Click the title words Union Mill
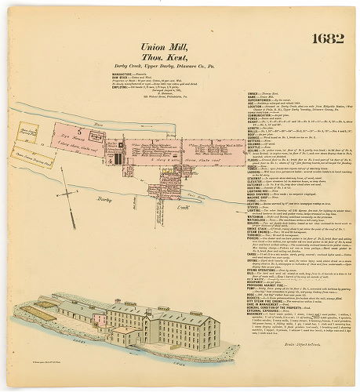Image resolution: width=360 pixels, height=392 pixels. (163, 47)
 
